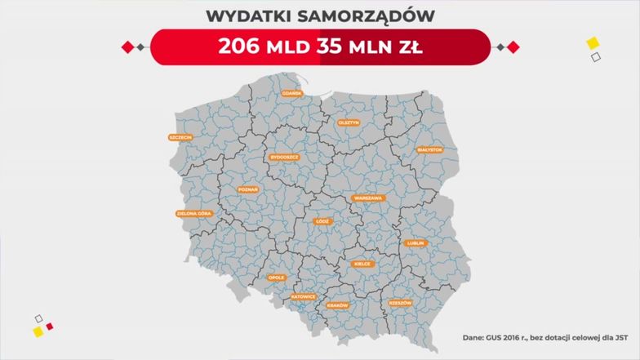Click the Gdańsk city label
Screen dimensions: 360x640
[292, 93]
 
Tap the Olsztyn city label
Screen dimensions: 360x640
[349, 122]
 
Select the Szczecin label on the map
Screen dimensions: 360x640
[180, 137]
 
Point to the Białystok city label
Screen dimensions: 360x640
[429, 150]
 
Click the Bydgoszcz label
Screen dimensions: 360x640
[285, 157]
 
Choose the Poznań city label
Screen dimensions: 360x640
[247, 189]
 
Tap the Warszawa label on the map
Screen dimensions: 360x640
[368, 198]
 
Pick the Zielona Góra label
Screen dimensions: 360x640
[193, 214]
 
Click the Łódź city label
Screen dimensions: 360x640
[322, 221]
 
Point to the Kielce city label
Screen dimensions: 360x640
[362, 264]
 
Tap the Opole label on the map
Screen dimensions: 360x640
[277, 278]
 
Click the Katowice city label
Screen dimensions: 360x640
[303, 296]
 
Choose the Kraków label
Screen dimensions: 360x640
[337, 305]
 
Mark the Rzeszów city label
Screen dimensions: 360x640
[400, 303]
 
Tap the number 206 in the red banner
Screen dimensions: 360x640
[241, 46]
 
